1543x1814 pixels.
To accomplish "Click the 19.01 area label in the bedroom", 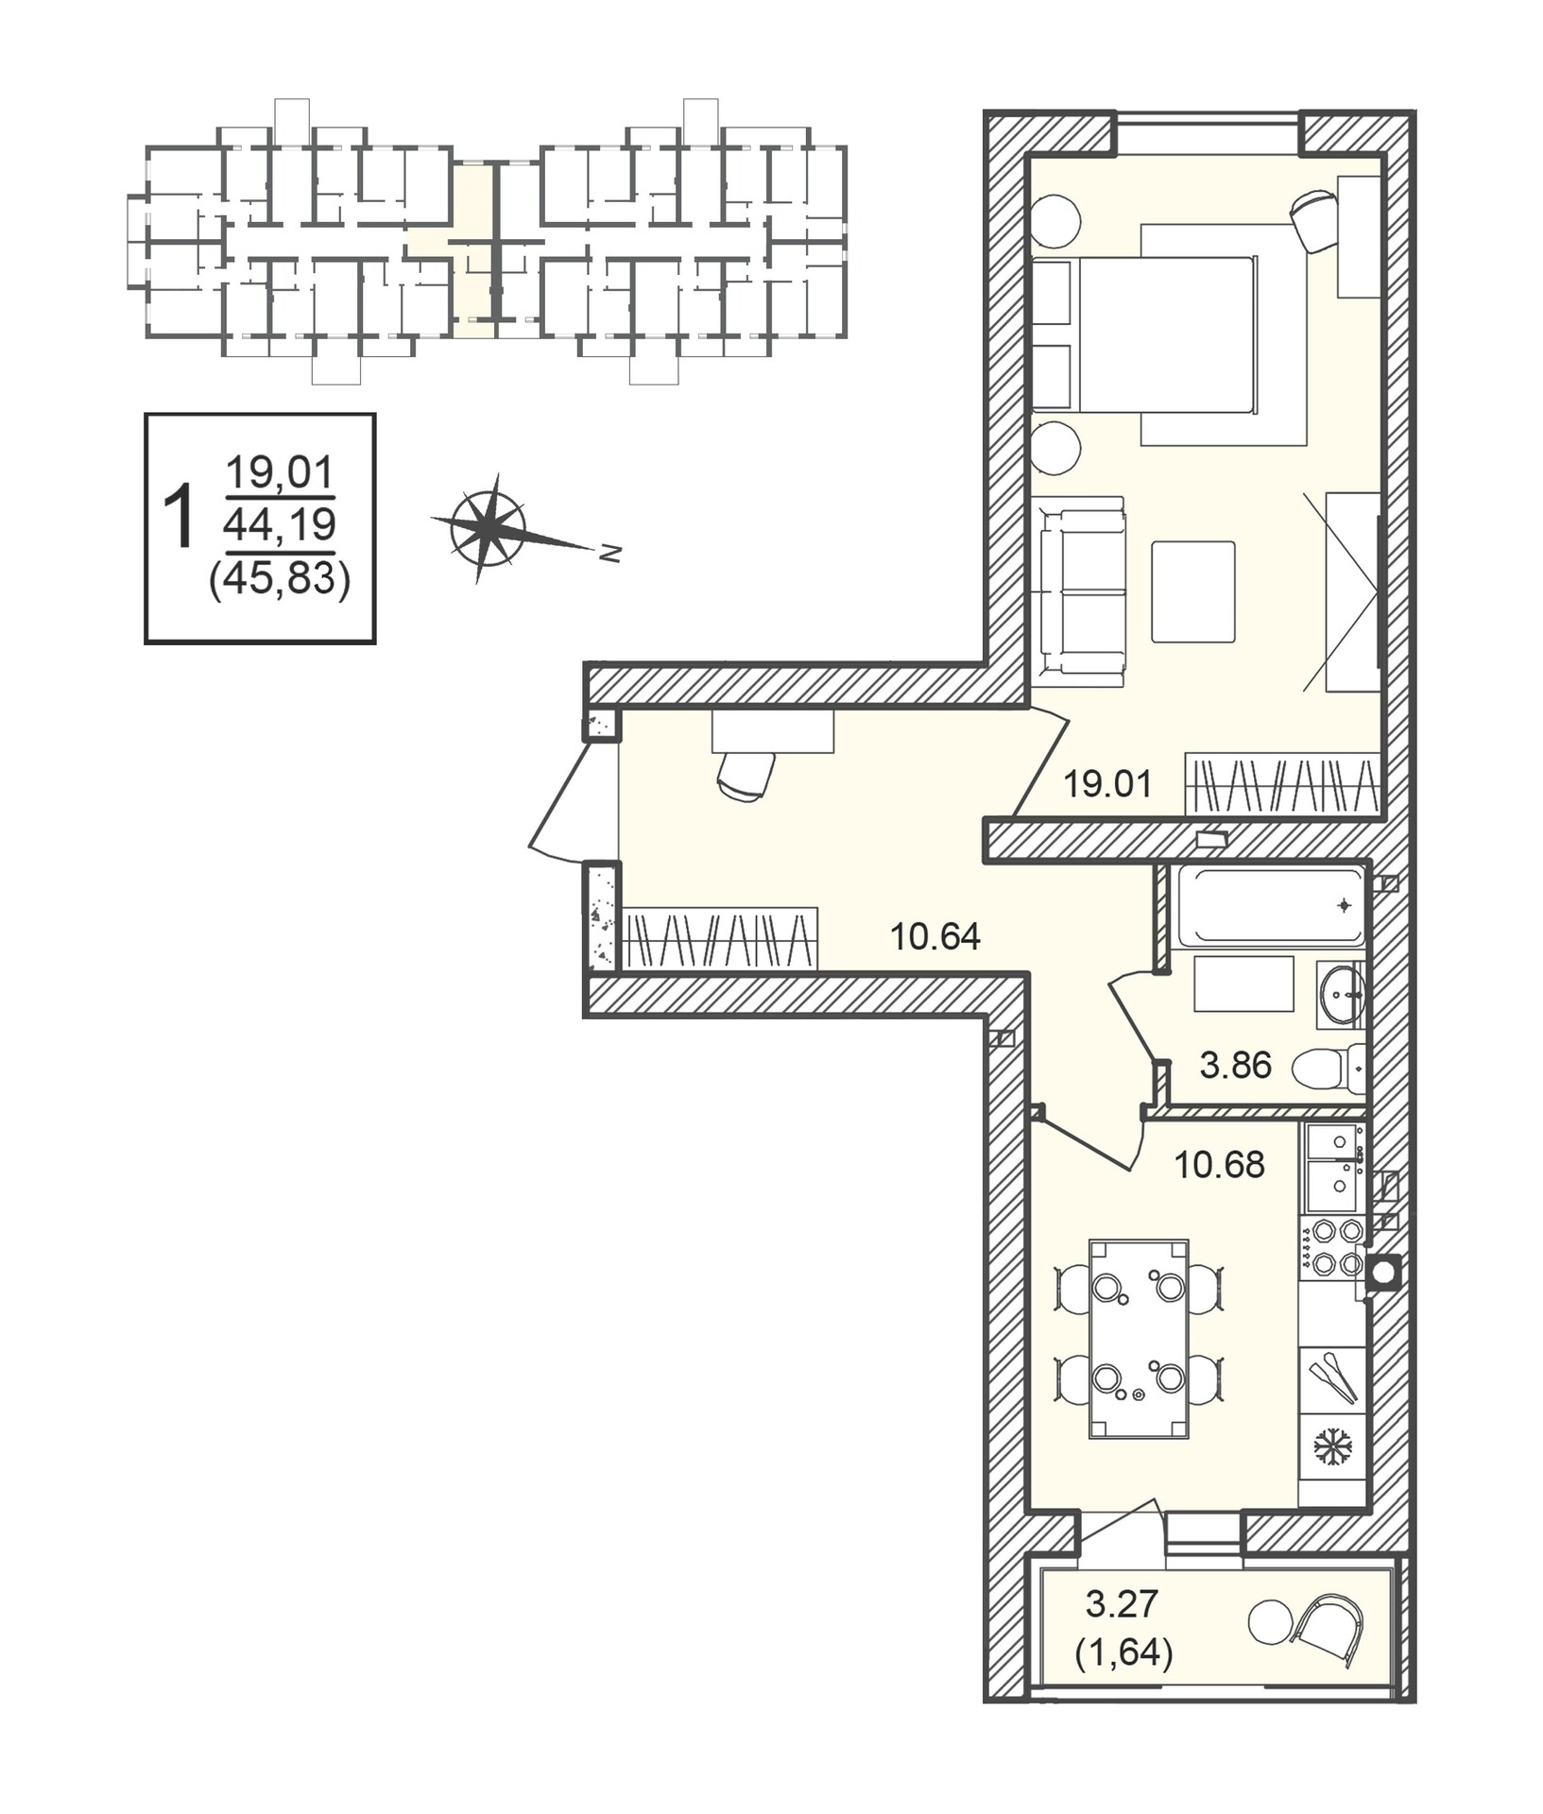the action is [1107, 784].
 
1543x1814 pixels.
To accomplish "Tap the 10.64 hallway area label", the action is [934, 936].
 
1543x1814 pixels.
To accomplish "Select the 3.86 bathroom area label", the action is [1235, 1066].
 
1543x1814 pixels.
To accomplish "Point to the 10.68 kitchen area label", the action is [1219, 1165].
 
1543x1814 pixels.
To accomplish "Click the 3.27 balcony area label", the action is [1122, 1603].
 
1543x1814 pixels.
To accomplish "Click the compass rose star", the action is [488, 528].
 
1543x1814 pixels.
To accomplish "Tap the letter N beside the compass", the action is [610, 554].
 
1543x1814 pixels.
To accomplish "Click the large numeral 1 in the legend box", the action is [179, 517].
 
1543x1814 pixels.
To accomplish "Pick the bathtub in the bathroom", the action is [1268, 905].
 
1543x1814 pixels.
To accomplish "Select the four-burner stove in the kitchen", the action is [1331, 1247].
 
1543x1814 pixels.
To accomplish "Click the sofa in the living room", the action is [1079, 591].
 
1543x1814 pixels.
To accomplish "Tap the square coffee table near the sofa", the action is [1193, 592].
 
